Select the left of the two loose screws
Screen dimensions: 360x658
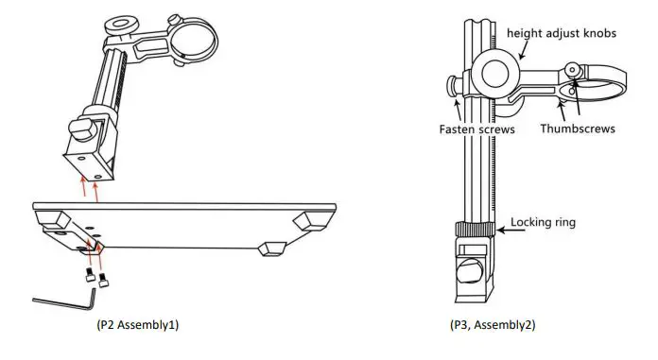(87, 278)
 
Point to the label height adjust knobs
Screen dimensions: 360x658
(562, 33)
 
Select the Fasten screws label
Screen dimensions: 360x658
(477, 129)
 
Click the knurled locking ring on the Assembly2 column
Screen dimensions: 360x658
(472, 229)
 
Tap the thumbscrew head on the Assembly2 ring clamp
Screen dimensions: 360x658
(574, 70)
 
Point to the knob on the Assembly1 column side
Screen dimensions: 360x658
(78, 128)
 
